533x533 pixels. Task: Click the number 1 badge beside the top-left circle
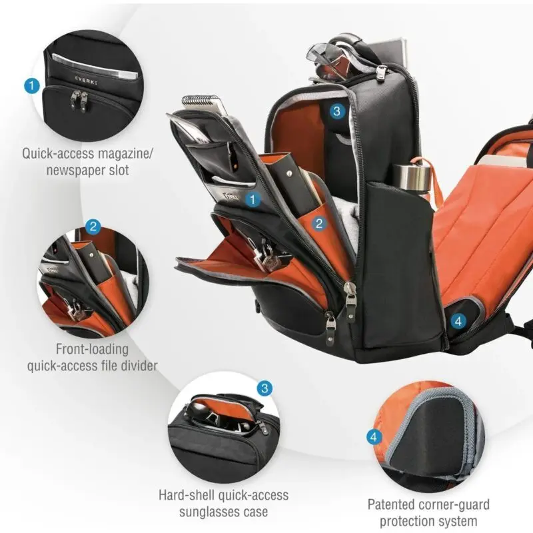32,85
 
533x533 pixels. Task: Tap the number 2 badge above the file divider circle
93,227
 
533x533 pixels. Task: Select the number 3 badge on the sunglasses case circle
265,388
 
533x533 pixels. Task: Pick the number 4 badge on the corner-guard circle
374,437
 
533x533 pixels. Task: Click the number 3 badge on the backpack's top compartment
336,111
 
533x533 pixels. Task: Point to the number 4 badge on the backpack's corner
458,321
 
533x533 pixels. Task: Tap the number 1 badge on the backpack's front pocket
253,199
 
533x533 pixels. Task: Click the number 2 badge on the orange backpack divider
319,223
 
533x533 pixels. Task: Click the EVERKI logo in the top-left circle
86,81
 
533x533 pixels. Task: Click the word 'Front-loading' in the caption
92,349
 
